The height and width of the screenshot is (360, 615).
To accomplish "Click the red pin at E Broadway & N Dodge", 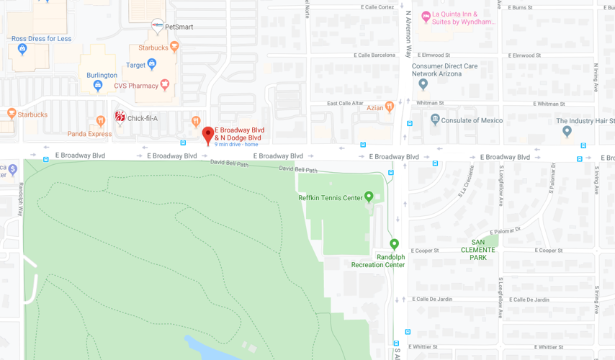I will tap(208, 134).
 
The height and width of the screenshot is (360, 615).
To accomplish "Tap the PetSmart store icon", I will tap(157, 26).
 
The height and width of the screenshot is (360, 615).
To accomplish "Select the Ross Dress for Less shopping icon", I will tap(22, 49).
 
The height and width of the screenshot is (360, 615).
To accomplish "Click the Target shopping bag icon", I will tap(151, 64).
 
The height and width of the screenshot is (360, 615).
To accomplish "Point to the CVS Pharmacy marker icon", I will tap(165, 85).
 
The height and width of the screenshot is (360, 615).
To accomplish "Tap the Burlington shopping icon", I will tap(98, 86).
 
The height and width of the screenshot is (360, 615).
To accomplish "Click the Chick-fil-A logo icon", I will tap(120, 117).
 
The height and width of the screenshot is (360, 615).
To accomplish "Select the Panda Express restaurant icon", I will tap(100, 122).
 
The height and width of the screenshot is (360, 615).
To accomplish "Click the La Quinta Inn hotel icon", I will tap(426, 16).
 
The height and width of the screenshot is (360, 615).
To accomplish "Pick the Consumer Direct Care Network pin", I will tap(423, 84).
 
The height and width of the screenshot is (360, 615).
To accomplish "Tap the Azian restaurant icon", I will tap(389, 107).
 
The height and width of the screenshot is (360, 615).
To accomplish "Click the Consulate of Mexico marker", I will tap(434, 120).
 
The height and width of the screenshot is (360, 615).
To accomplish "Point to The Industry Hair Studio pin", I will tap(567, 131).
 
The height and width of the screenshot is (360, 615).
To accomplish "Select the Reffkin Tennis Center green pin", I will tap(369, 196).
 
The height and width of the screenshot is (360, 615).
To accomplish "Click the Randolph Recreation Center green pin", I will tap(394, 244).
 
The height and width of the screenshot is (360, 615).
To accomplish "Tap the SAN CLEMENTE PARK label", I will tap(478, 250).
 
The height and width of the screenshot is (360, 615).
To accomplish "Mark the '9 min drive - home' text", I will tap(236, 145).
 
